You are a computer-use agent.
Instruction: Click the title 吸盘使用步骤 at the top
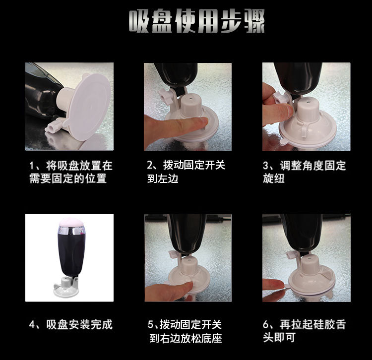click(x=196, y=22)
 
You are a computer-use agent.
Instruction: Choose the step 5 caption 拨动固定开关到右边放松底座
click(x=186, y=332)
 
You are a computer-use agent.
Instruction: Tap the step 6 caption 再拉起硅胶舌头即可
click(x=304, y=332)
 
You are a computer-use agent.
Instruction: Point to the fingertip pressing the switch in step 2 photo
click(x=201, y=123)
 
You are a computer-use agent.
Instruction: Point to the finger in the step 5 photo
click(x=171, y=287)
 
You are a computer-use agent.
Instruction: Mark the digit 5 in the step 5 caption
click(x=151, y=325)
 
